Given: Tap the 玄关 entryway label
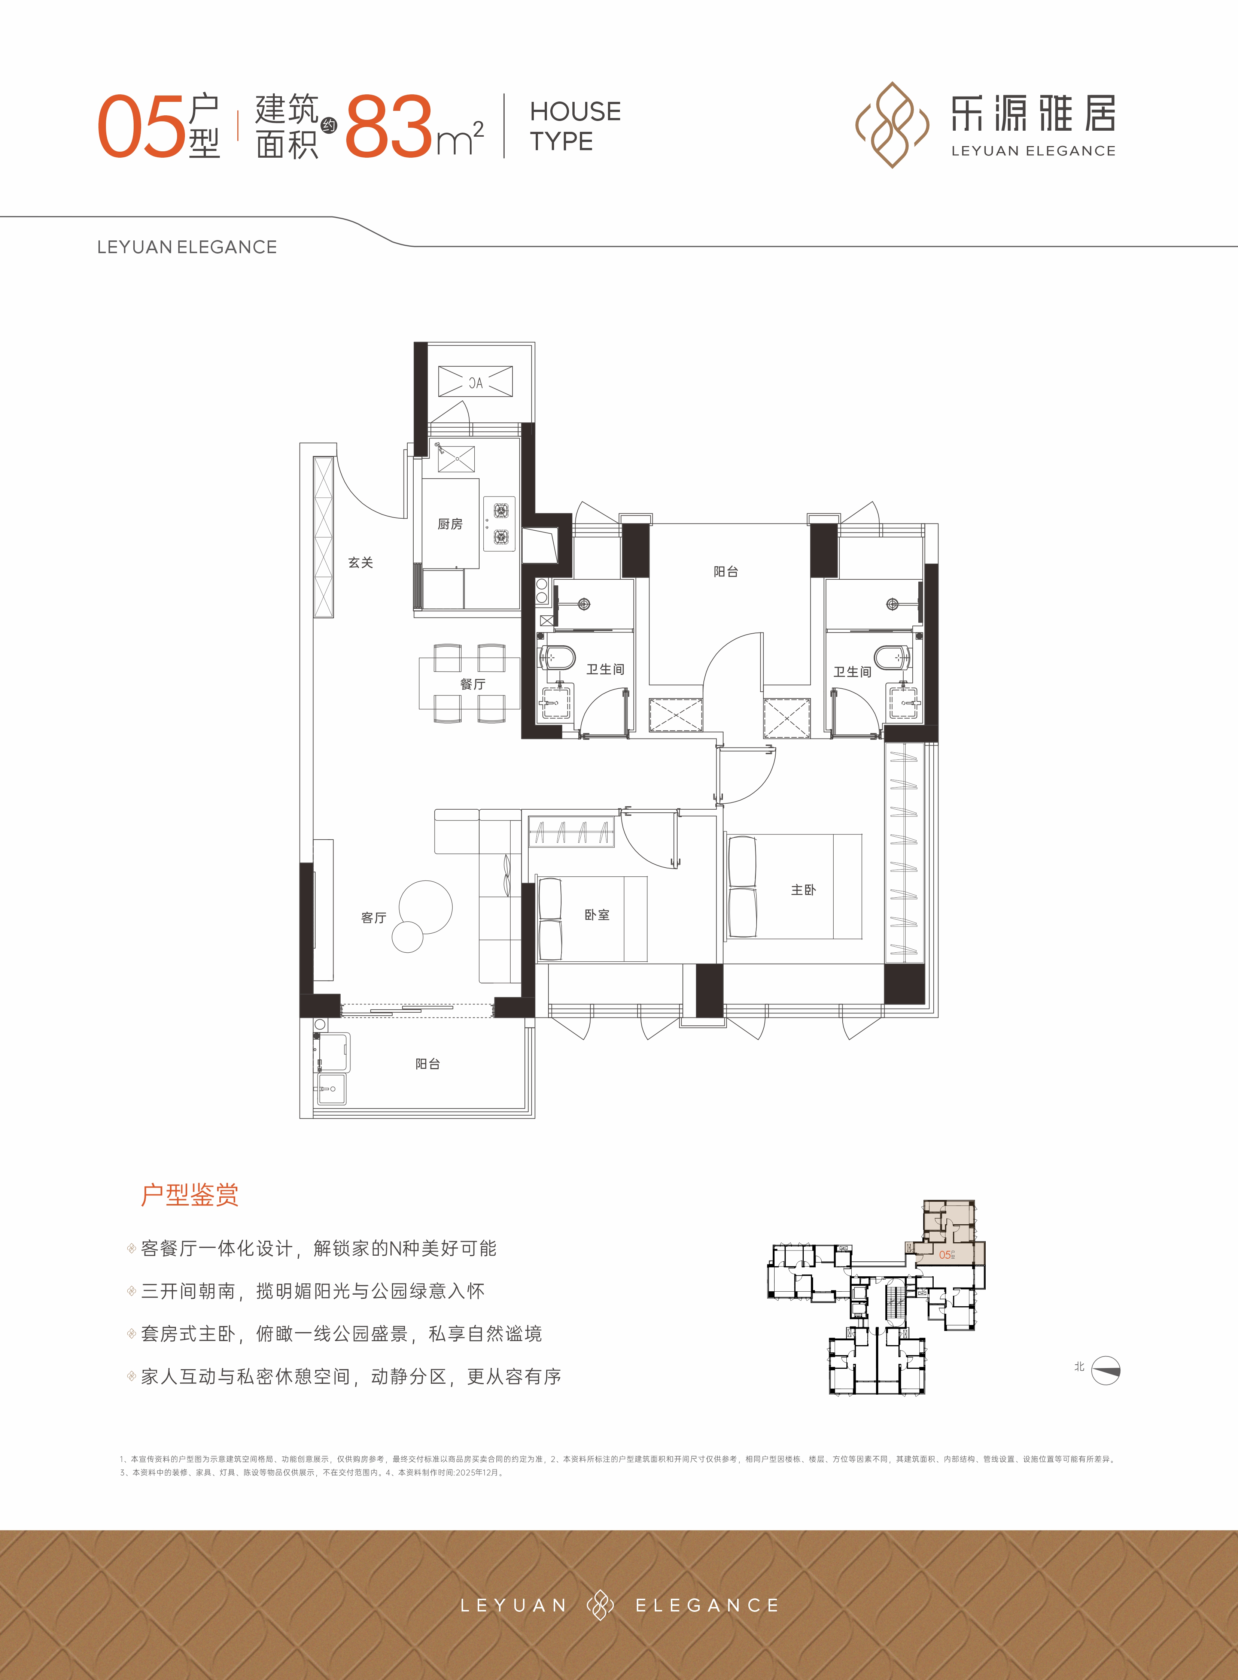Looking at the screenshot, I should click(x=361, y=562).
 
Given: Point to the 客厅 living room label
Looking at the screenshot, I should click(x=373, y=918).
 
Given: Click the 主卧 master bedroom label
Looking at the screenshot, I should click(x=803, y=890).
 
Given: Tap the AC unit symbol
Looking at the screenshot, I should click(x=475, y=382).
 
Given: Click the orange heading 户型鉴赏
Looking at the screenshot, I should click(x=189, y=1195).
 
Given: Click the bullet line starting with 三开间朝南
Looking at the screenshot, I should click(x=313, y=1291).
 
